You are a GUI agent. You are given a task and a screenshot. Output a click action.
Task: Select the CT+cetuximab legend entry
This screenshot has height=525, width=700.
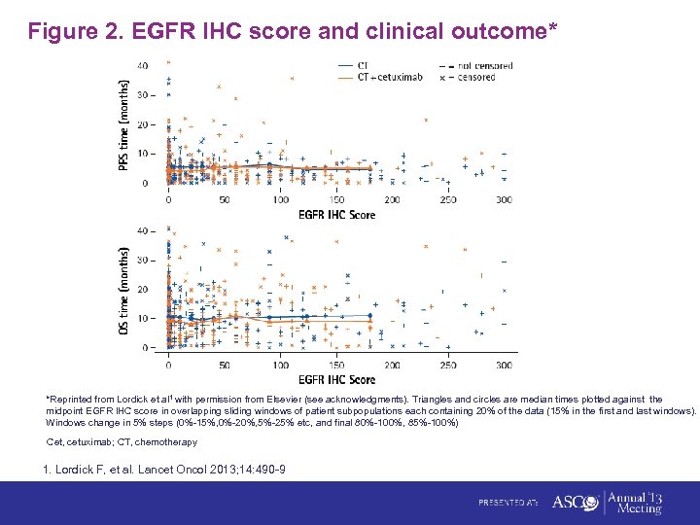click(x=383, y=76)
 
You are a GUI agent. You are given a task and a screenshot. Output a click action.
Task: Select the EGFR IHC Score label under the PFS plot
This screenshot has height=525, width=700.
click(x=335, y=214)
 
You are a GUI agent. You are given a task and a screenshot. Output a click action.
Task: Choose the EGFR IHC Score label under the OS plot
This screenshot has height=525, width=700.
click(x=335, y=378)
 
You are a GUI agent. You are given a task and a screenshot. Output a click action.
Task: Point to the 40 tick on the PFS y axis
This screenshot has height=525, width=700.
click(x=143, y=66)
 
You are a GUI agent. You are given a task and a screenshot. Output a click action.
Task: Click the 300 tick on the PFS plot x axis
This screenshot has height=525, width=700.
click(x=504, y=199)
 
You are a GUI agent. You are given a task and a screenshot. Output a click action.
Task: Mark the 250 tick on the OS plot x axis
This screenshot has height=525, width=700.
click(x=447, y=365)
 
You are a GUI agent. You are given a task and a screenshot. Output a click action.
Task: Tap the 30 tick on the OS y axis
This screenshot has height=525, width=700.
click(x=143, y=261)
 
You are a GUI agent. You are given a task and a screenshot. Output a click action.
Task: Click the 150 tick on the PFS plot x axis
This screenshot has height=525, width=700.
click(x=335, y=199)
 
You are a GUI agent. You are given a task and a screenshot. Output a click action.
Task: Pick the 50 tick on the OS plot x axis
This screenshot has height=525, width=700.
click(x=225, y=365)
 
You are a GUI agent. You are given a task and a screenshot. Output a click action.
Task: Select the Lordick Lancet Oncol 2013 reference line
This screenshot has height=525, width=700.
click(x=164, y=471)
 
